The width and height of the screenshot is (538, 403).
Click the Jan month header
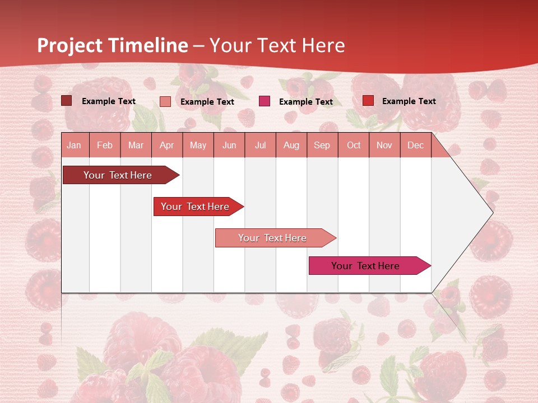coord(75,145)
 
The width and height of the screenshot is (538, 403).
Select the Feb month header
coord(105,145)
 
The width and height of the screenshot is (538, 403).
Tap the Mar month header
coord(136,145)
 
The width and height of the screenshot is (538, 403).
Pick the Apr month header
coord(167,145)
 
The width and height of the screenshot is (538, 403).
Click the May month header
coord(198,145)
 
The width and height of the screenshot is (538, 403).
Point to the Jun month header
coord(229,145)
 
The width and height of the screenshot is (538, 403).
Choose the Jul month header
coord(260,145)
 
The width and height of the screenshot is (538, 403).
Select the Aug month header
coord(291,145)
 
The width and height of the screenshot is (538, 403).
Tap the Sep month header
coord(322,145)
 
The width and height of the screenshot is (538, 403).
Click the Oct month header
coord(354,145)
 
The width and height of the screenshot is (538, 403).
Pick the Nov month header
coord(384,145)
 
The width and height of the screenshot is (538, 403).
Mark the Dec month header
coord(416,145)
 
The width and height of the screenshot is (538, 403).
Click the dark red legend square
coord(66,101)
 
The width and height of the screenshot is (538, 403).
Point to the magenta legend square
coord(265,101)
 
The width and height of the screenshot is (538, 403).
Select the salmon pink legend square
coord(165,101)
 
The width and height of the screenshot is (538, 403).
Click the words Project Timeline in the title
coord(113,45)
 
